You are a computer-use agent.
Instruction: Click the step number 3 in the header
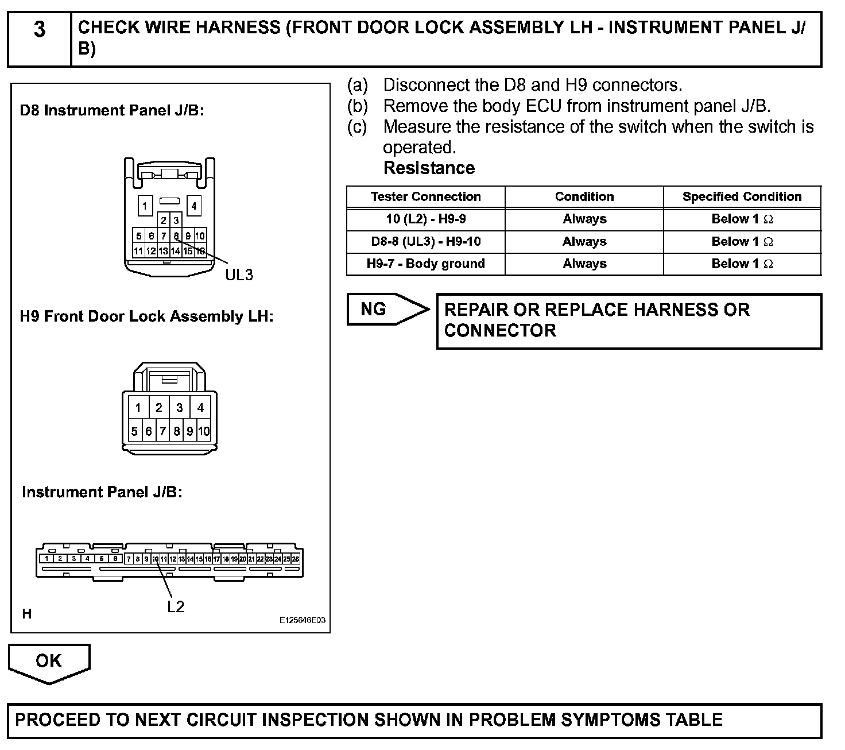39,29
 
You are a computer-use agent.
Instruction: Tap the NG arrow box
386,310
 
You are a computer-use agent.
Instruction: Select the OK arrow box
49,661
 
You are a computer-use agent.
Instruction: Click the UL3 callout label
239,275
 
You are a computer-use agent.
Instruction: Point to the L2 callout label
176,607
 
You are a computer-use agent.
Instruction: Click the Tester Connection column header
425,197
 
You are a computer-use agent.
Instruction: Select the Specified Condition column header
742,197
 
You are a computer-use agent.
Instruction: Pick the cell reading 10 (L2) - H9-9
425,219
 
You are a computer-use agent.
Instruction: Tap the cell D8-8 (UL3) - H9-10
425,242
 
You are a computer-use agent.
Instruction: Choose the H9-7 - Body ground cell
425,264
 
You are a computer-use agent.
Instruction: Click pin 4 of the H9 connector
200,408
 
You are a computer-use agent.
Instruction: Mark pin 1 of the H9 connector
138,408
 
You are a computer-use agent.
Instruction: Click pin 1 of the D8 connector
145,206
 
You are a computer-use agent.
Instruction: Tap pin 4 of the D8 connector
194,206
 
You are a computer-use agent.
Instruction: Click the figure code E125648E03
303,621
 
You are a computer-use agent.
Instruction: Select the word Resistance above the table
429,168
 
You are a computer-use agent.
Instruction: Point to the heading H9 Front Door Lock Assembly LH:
146,316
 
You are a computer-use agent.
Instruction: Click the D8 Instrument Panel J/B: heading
112,110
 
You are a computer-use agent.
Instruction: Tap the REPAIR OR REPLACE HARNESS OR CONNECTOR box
629,320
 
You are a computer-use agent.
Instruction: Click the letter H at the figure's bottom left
27,614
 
